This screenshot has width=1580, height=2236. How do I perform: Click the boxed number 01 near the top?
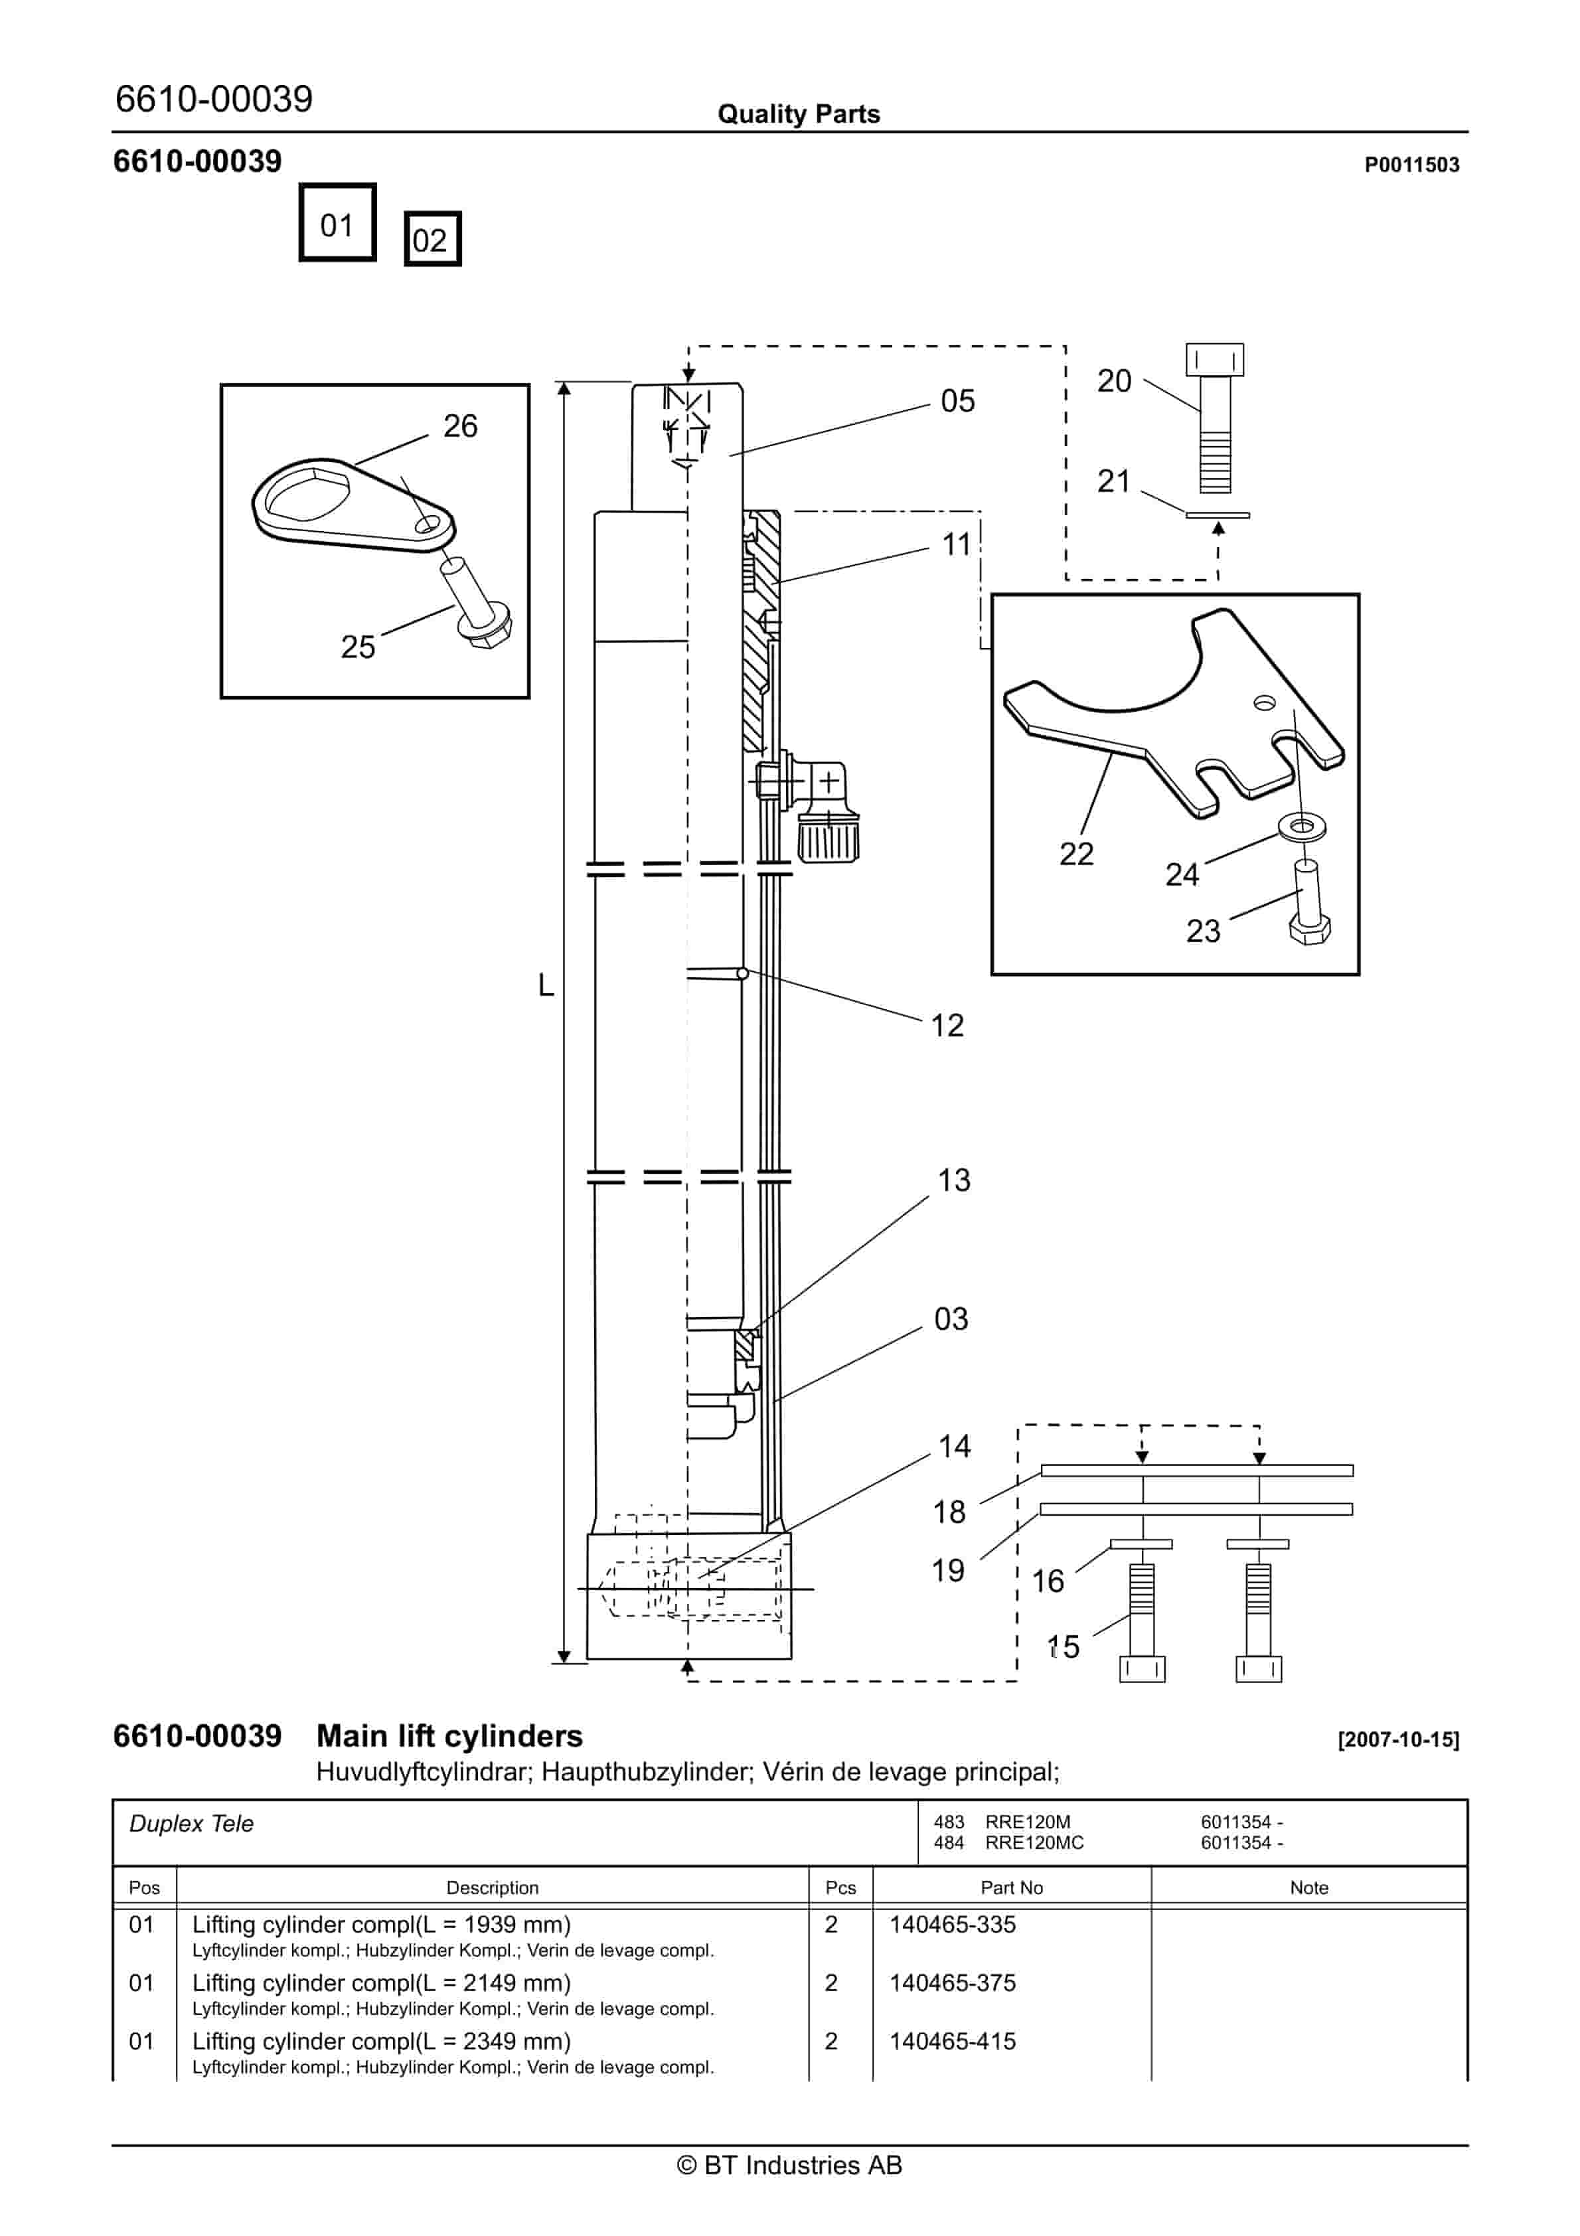tap(337, 223)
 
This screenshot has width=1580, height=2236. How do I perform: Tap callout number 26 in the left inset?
tap(460, 426)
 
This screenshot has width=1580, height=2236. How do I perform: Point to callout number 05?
tap(957, 401)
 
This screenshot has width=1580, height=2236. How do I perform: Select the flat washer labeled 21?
tap(1217, 515)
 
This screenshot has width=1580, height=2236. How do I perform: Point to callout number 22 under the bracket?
tap(1076, 854)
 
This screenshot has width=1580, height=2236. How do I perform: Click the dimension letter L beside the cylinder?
tap(546, 986)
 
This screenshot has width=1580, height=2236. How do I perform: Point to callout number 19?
tap(948, 1571)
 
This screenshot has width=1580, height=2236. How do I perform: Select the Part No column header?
tap(1011, 1887)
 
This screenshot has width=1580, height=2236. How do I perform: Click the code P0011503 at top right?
tap(1411, 165)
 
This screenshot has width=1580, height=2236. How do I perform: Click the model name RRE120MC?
tap(1034, 1842)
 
